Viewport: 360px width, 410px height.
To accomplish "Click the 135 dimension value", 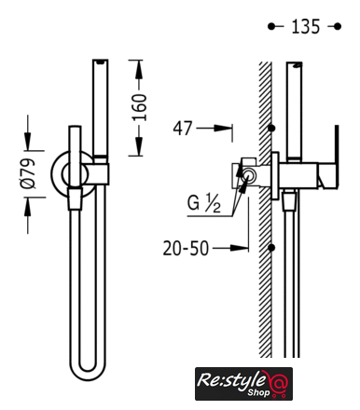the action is click(306, 26).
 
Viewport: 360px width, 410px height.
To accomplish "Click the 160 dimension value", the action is click(139, 107).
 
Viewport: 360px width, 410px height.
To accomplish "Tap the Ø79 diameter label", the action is click(28, 173).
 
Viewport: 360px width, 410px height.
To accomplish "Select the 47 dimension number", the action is click(183, 129).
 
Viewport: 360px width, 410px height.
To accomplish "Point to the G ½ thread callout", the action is click(204, 203).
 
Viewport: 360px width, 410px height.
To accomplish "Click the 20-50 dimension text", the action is click(186, 249).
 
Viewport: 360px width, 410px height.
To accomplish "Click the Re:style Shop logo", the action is click(243, 384).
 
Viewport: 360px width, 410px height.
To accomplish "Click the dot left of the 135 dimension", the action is click(271, 27).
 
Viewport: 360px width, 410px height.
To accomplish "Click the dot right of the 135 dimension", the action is click(338, 27).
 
